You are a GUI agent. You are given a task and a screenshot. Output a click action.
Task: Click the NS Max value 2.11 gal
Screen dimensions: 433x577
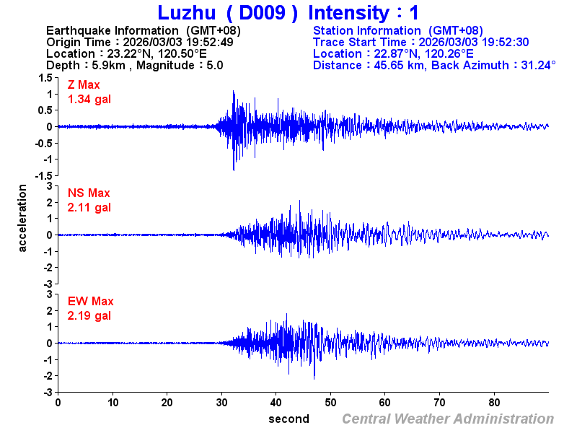coord(89,207)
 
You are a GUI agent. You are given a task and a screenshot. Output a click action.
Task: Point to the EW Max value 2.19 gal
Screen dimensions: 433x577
coord(89,315)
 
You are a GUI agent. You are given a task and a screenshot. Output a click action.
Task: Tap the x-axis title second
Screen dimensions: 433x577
coord(288,419)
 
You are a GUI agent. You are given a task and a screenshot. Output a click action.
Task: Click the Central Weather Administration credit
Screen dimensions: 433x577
coord(448,419)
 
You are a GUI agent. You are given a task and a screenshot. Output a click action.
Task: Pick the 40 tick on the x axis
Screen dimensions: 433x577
coord(276,403)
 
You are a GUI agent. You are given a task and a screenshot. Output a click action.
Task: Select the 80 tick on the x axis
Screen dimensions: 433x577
coord(495,403)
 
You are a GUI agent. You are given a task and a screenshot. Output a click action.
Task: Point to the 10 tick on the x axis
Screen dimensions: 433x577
coord(113,403)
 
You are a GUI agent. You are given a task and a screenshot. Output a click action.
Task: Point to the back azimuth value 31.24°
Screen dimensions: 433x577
coord(535,65)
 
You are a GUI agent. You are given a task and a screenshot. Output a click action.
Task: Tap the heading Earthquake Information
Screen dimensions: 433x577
coord(112,30)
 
